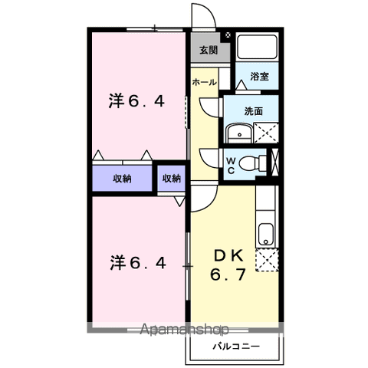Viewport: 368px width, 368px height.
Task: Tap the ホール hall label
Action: (203, 82)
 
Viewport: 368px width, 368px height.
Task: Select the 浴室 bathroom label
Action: (258, 77)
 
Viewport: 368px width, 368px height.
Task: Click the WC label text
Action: (230, 164)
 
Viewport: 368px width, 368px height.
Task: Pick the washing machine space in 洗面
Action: (264, 133)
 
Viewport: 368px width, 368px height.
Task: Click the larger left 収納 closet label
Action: (123, 179)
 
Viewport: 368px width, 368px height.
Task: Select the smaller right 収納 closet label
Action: (172, 179)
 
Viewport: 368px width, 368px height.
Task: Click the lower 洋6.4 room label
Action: (136, 263)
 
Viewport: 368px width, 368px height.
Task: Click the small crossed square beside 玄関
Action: (228, 35)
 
